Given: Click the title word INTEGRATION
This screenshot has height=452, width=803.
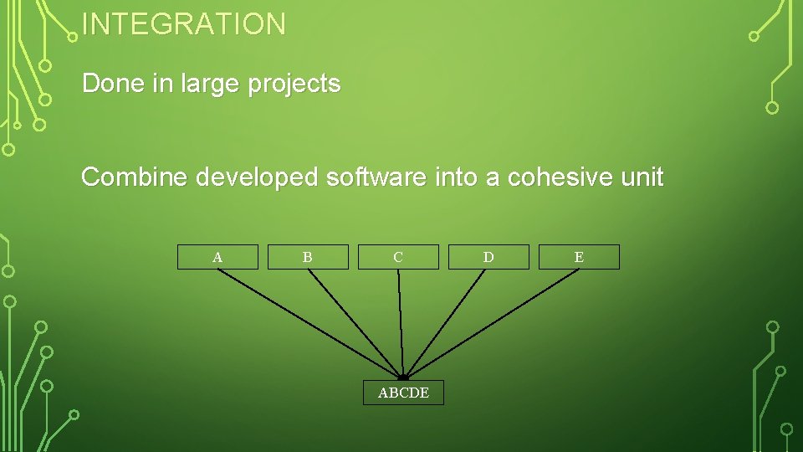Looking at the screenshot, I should point(184,23).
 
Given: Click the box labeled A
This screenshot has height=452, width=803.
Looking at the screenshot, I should point(217,257).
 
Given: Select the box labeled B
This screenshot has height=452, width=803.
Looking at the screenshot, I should point(308,257).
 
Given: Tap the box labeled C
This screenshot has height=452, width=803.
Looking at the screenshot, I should point(398,257).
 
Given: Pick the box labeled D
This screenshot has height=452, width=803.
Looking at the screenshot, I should point(488,257).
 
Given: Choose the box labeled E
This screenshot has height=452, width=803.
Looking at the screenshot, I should point(579,257).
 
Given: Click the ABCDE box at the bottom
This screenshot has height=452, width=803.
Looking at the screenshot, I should point(403,393).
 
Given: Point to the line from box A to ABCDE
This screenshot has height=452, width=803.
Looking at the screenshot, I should point(310,322).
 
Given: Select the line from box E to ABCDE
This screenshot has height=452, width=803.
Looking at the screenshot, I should point(494,322).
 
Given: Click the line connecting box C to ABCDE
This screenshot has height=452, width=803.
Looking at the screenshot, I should point(401,322).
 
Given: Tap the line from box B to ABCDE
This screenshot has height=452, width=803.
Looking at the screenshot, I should point(355,322).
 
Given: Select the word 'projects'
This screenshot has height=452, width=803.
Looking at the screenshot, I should point(294,85).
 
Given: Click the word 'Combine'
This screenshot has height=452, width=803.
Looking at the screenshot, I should point(135,177).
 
